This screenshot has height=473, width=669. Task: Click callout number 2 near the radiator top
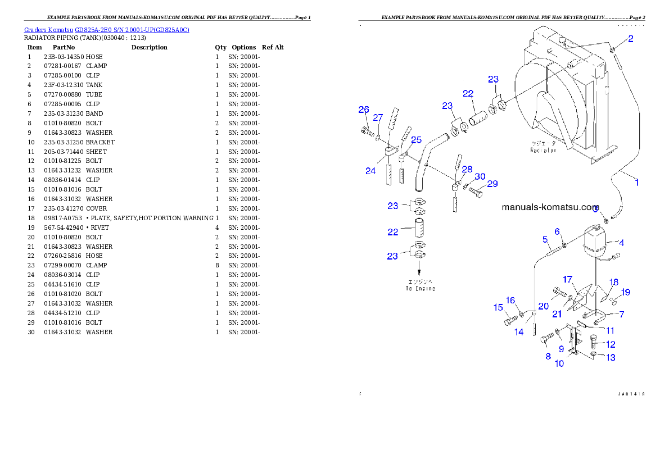[x=631, y=39]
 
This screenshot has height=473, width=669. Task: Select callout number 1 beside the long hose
[x=637, y=182]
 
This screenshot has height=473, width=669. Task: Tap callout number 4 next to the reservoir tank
[x=621, y=243]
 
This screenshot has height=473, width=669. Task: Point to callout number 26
[x=364, y=110]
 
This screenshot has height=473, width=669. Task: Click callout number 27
[x=378, y=118]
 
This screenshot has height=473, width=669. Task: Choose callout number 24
[x=370, y=171]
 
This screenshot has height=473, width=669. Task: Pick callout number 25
[x=416, y=140]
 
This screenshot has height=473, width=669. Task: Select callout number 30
[x=480, y=176]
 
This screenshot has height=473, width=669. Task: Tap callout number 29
[x=492, y=184]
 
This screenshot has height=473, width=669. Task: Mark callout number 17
[x=568, y=279]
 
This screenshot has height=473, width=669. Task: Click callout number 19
[x=626, y=292]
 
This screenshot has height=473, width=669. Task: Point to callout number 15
[x=498, y=307]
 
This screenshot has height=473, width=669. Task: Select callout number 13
[x=611, y=357]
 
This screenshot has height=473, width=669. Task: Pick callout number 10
[x=559, y=363]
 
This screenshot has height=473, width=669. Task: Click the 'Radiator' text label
[x=543, y=150]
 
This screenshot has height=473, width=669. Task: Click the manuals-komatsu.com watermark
[x=550, y=207]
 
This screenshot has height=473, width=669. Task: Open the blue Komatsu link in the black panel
[x=107, y=29]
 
